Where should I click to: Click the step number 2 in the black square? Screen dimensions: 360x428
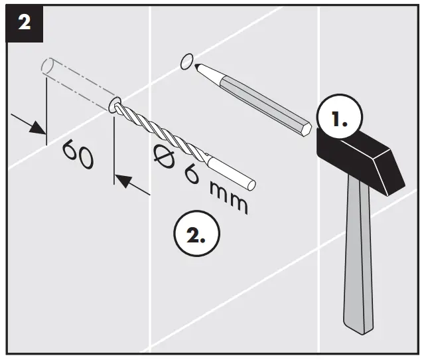25,23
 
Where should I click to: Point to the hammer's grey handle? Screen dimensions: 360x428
358,266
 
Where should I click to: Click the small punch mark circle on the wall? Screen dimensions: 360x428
186,62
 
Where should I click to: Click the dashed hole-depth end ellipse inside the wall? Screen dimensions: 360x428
46,66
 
